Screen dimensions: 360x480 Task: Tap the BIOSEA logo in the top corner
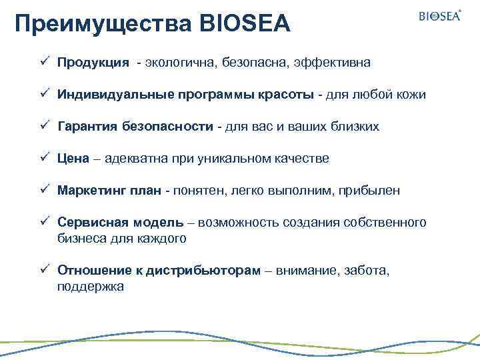439,16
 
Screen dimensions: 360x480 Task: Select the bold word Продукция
93,63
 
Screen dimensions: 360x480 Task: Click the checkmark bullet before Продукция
43,61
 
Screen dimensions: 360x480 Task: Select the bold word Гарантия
87,127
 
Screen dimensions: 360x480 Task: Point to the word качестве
301,159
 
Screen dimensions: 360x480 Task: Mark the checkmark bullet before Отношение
43,269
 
